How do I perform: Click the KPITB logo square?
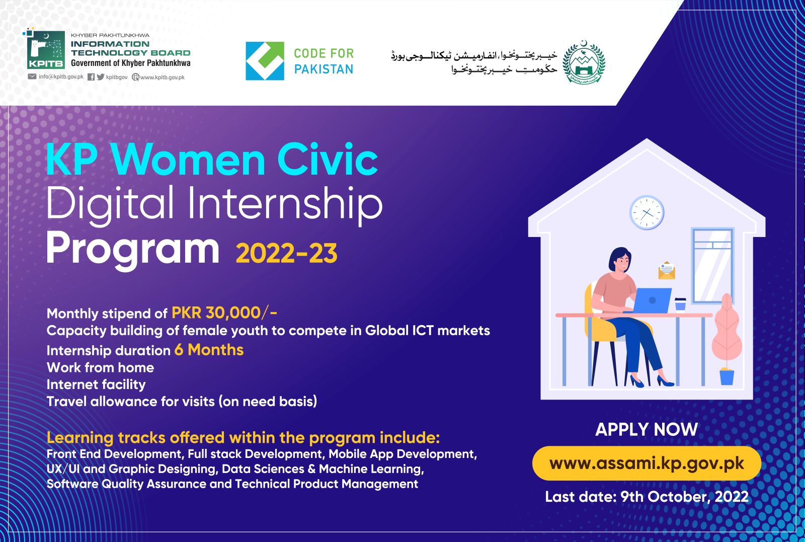(x=46, y=49)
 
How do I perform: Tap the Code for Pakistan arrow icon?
(x=265, y=61)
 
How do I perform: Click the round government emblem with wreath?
(x=584, y=62)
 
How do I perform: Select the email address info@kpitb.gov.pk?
(x=61, y=76)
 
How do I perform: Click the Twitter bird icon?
(x=101, y=76)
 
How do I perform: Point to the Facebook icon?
(x=91, y=77)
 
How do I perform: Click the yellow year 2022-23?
(x=286, y=254)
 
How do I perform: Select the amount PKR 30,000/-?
(x=224, y=313)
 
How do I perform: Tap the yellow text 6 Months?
(x=209, y=350)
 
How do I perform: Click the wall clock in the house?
(x=647, y=212)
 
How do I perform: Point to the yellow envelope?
(x=667, y=271)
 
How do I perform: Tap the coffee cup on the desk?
(x=680, y=304)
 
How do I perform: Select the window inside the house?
(x=713, y=265)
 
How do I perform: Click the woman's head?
(x=620, y=260)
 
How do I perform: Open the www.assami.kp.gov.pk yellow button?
(x=647, y=463)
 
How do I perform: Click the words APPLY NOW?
(x=647, y=429)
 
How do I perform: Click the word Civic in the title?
(x=328, y=159)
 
